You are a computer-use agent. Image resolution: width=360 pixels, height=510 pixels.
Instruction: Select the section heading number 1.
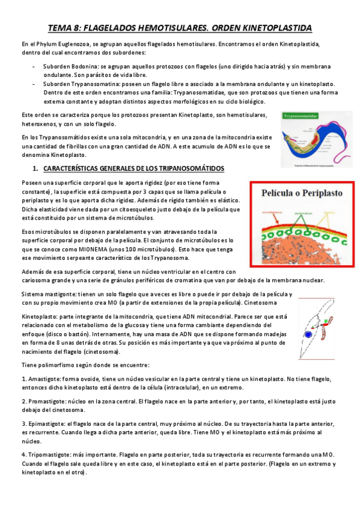coord(35,168)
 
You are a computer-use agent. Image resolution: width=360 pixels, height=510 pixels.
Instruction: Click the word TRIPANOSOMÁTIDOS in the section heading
coord(185,168)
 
